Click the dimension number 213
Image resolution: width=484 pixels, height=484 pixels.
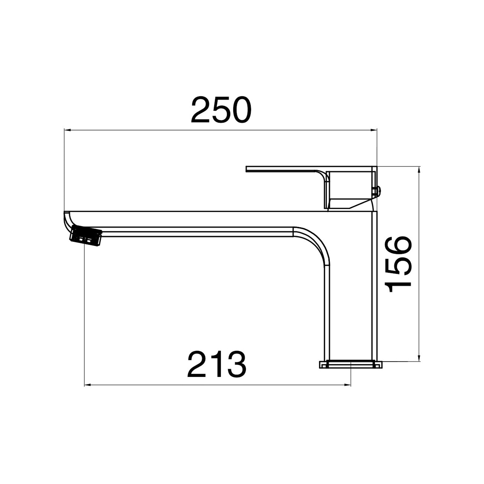[217, 364]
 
